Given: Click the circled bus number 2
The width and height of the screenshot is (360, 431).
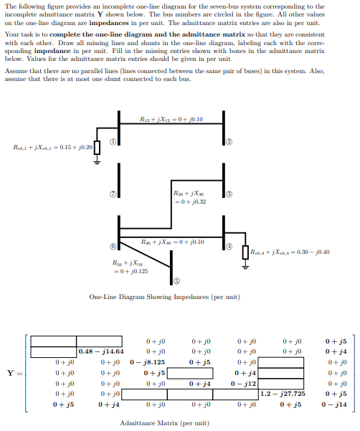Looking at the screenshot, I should coord(229,142).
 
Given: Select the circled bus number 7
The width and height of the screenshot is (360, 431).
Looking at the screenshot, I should coord(113,194).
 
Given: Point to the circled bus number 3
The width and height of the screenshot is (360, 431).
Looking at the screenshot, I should coord(229,194).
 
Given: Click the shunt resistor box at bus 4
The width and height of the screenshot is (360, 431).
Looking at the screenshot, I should coord(245,252).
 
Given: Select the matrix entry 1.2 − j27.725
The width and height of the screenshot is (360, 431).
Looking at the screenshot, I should coord(282,394).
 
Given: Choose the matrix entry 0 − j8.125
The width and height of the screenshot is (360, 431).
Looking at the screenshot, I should coord(148,362).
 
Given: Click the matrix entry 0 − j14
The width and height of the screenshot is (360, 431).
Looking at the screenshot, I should coord(336,404).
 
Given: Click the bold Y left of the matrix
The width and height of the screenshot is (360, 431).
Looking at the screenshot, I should coord(9,373).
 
